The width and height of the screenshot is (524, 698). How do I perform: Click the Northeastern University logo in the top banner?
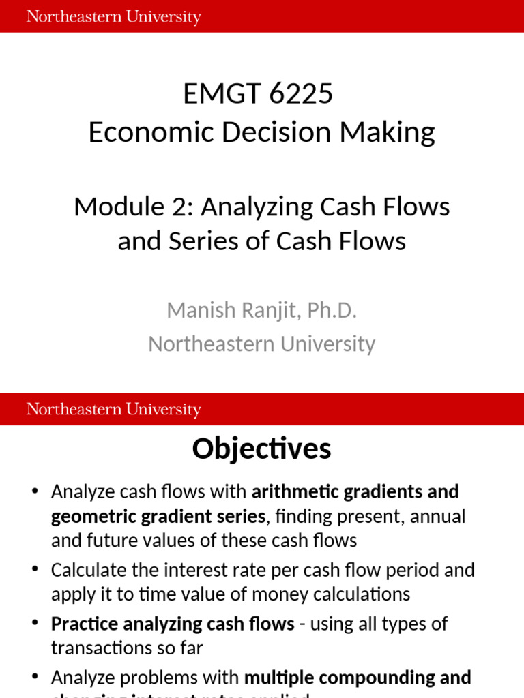pyautogui.click(x=113, y=16)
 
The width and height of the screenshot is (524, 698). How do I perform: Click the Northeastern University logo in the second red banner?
pyautogui.click(x=113, y=409)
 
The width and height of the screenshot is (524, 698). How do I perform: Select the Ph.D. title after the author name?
pyautogui.click(x=332, y=310)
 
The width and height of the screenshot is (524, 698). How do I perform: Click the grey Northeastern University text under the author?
pyautogui.click(x=261, y=344)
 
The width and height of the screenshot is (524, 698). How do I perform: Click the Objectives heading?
pyautogui.click(x=261, y=449)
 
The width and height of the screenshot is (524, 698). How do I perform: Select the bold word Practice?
pyautogui.click(x=84, y=623)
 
